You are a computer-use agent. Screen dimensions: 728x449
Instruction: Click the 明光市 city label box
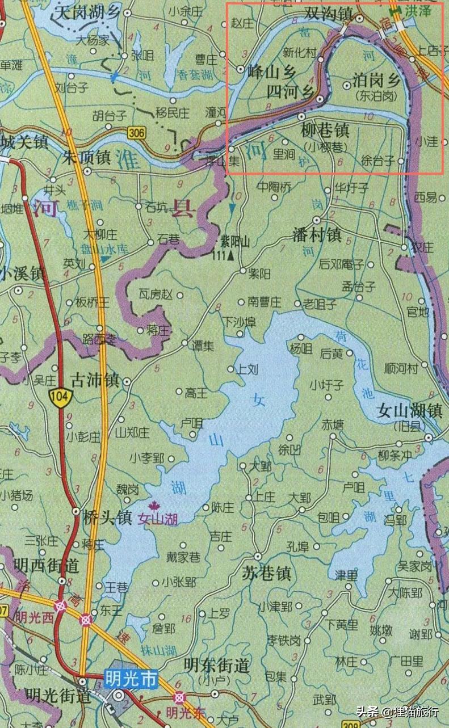tap(131, 679)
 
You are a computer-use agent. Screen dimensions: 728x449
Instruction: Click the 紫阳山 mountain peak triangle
tap(231, 256)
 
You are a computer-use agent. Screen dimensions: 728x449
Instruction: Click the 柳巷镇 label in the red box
tap(325, 132)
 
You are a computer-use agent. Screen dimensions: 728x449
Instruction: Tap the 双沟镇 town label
tap(329, 14)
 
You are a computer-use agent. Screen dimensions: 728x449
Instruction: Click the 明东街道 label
tap(217, 665)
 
